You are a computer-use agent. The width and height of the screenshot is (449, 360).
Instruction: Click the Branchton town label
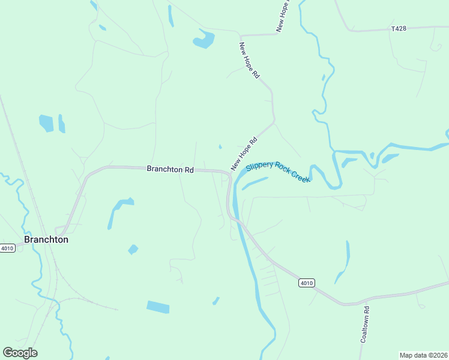pyautogui.click(x=46, y=239)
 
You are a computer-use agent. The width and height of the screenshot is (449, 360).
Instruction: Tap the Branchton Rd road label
pyautogui.click(x=170, y=170)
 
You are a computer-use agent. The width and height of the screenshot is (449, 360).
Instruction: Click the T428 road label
pyautogui.click(x=398, y=28)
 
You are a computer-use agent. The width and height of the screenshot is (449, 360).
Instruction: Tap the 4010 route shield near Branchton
pyautogui.click(x=7, y=248)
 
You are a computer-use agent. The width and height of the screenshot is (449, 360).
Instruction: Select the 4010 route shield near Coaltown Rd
pyautogui.click(x=306, y=283)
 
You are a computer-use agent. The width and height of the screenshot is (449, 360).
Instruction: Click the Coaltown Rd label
pyautogui.click(x=364, y=325)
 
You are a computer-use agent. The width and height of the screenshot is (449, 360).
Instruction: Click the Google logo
pyautogui.click(x=20, y=353)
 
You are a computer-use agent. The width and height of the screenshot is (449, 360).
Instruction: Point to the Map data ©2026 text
pyautogui.click(x=423, y=355)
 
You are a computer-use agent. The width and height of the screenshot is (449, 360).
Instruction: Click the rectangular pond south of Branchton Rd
pyautogui.click(x=158, y=307)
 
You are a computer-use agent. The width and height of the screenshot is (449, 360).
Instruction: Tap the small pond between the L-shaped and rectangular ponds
pyautogui.click(x=133, y=249)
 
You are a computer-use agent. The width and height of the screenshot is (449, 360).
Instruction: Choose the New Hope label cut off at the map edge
pyautogui.click(x=283, y=16)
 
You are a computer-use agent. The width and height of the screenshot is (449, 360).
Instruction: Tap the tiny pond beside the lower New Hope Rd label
pyautogui.click(x=220, y=146)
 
